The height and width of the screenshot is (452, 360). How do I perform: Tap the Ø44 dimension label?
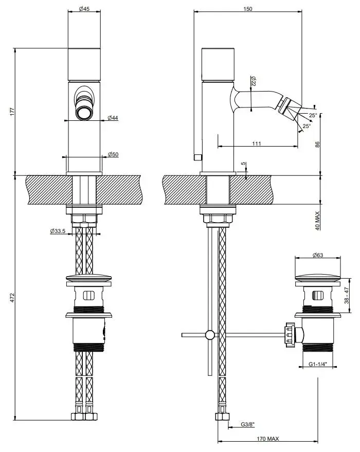[x=113, y=118]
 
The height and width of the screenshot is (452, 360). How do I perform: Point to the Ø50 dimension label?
[x=113, y=154]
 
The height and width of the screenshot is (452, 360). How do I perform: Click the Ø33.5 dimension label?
[x=58, y=231]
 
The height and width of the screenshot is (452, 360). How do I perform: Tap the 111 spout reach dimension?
[x=256, y=143]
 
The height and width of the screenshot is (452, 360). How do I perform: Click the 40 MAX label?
[x=317, y=218]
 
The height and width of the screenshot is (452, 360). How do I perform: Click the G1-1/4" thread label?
[x=318, y=365]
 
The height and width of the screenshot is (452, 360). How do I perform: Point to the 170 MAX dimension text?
[x=268, y=438]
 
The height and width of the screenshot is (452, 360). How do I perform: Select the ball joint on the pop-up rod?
[x=210, y=335]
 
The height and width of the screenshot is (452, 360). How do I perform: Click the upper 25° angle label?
[x=313, y=115]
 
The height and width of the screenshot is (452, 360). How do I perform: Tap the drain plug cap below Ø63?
[x=317, y=278]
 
